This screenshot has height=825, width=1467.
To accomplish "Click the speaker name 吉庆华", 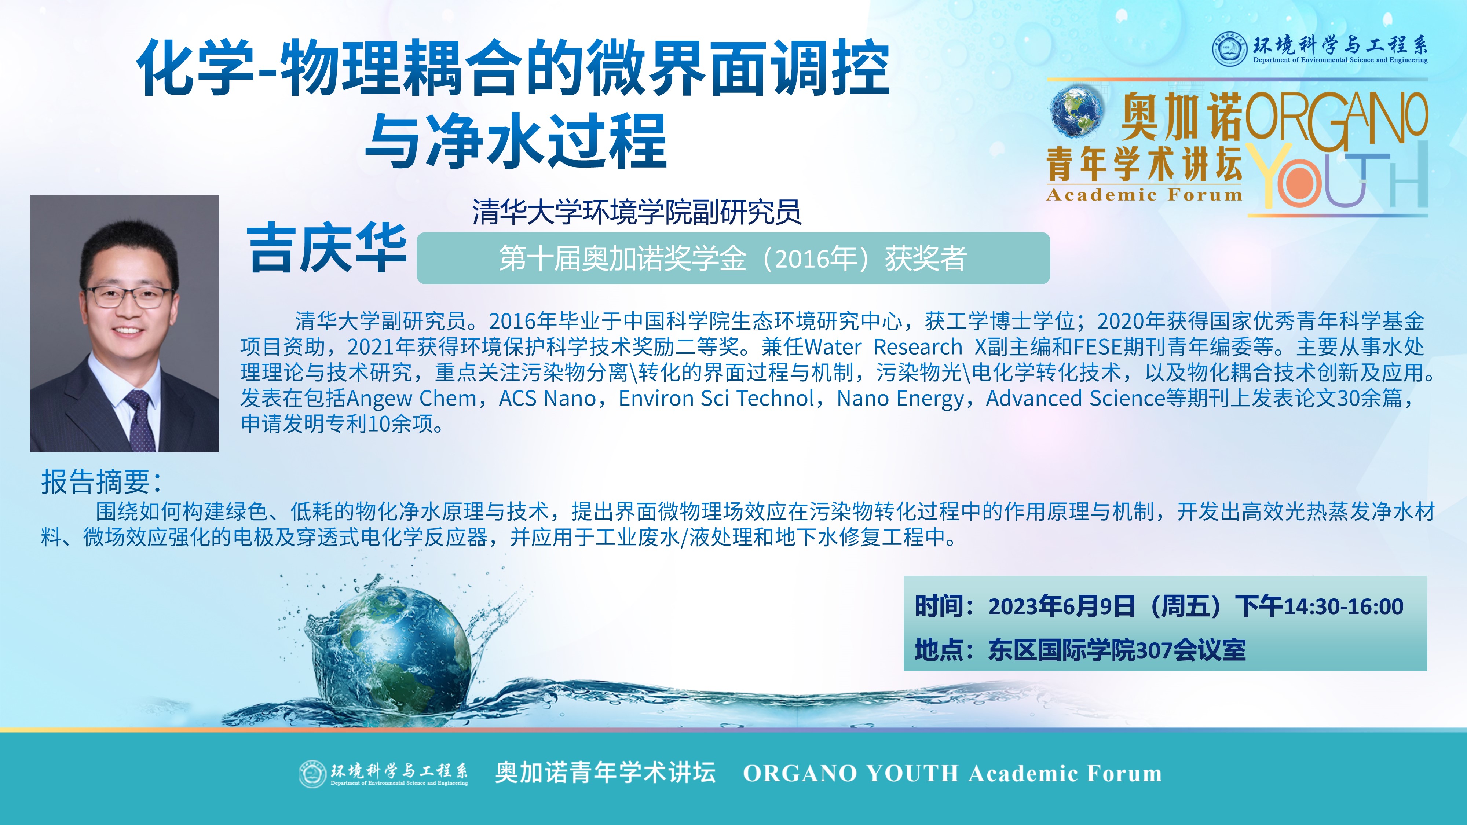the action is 326,249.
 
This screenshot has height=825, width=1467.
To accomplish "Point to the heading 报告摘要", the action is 101,482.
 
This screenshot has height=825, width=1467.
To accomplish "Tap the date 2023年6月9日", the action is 1061,607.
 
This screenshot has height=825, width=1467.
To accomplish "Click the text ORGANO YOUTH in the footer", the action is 851,773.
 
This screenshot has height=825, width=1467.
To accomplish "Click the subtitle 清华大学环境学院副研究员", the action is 637,212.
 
